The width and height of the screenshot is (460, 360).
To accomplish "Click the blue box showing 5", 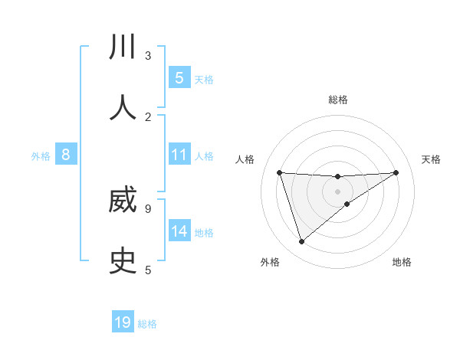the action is [179, 77].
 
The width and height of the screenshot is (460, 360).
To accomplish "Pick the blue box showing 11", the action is [179, 155].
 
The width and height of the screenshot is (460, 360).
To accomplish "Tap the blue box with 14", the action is [179, 231].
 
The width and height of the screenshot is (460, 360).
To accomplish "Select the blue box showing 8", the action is [66, 155].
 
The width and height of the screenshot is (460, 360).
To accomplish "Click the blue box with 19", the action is [123, 322].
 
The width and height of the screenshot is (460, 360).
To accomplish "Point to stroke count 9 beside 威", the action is [147, 208].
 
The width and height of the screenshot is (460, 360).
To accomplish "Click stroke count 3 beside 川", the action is [147, 55].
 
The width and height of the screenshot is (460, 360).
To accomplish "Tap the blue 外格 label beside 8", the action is [41, 156].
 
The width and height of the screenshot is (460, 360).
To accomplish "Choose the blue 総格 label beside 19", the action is [147, 324].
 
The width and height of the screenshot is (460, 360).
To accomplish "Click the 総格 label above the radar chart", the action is [338, 100].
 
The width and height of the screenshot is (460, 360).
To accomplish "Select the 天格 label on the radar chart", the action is [431, 159].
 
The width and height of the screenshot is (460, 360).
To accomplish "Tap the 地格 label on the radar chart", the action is [402, 262].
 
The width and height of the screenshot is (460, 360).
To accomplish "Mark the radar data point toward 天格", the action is [396, 172].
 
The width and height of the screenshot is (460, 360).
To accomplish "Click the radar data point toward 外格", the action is [301, 242].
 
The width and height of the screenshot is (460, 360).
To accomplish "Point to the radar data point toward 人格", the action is [279, 172].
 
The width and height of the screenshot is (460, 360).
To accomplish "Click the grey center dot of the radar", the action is [338, 191].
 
